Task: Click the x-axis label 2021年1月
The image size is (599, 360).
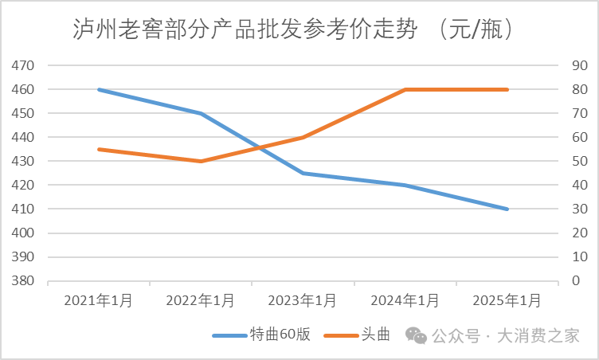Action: (x=98, y=300)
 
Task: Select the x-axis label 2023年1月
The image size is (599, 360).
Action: (x=303, y=300)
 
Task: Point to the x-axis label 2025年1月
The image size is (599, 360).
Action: (x=507, y=300)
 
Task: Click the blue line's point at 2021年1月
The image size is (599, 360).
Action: (x=98, y=89)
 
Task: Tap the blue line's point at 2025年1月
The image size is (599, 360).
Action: (x=507, y=209)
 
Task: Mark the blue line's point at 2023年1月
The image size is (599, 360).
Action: (x=303, y=173)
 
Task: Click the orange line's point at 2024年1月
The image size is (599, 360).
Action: (x=405, y=89)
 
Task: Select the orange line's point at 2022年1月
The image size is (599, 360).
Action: (x=201, y=161)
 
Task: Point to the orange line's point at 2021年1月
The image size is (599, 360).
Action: (x=98, y=149)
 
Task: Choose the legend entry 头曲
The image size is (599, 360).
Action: (x=375, y=335)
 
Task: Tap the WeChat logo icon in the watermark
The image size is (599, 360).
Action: (x=416, y=335)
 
